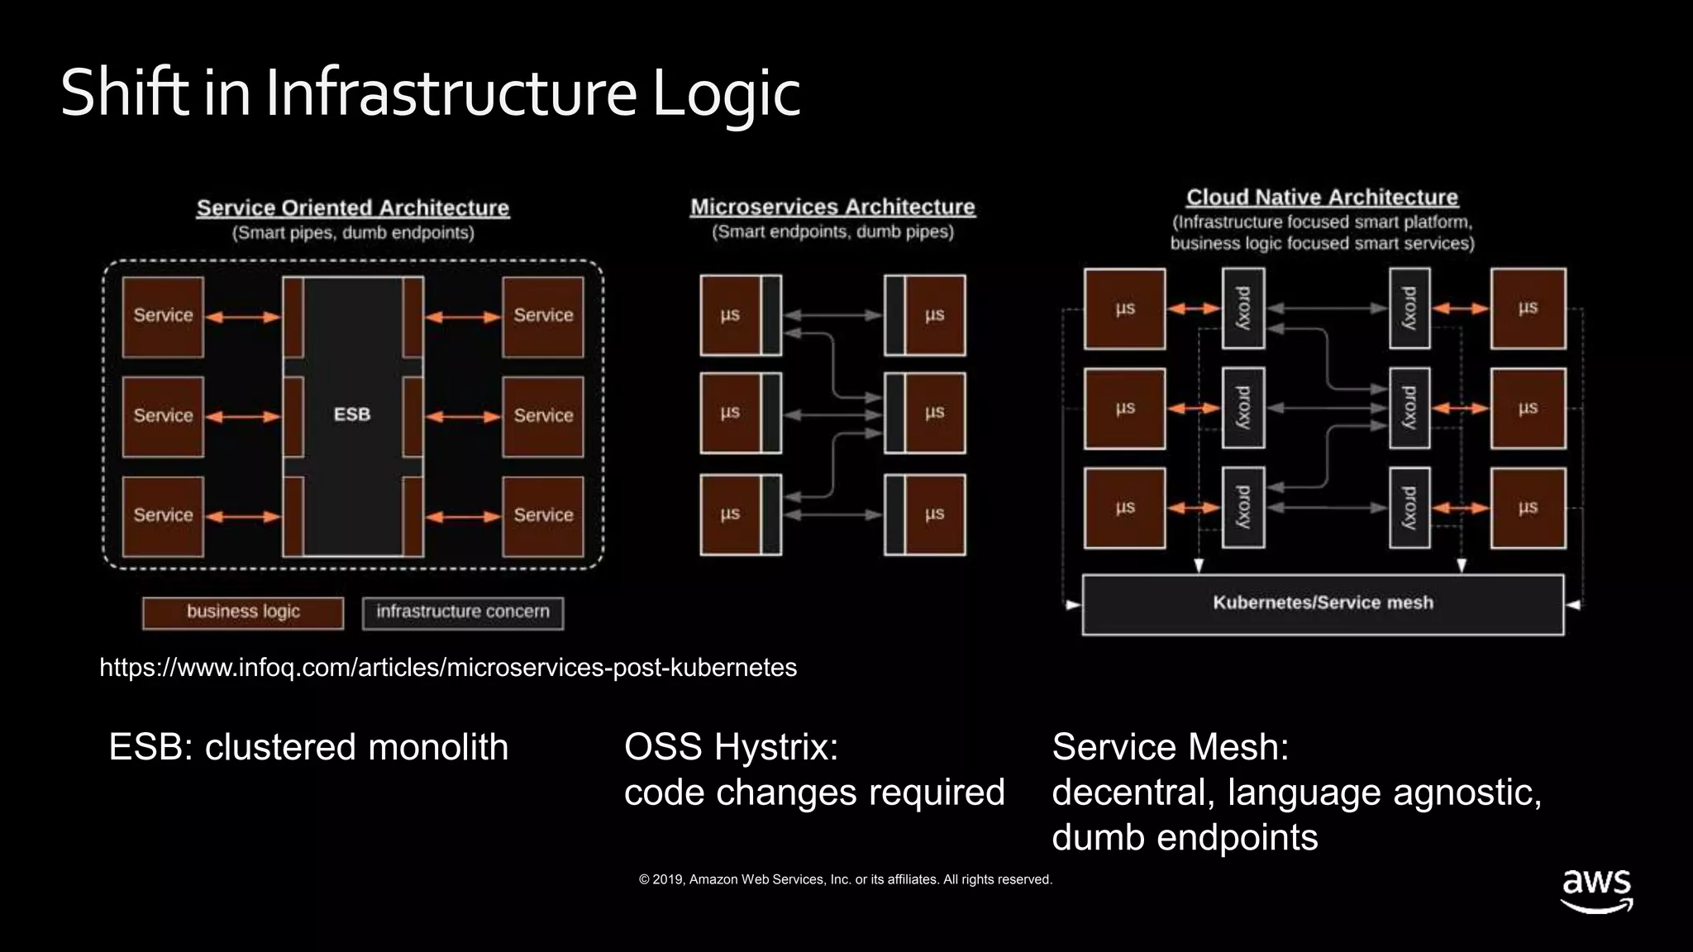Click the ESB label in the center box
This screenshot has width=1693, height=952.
coord(352,414)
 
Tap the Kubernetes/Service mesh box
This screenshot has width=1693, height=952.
coord(1323,603)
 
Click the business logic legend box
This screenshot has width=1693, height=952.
coord(243,612)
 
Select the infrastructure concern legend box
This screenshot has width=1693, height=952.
coord(463,612)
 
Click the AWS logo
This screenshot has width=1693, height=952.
coord(1596,891)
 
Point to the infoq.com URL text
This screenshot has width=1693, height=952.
coord(447,668)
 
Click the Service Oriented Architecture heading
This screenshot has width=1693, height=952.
coord(353,208)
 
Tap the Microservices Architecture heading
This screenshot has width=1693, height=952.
coord(832,207)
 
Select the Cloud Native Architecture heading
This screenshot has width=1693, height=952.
coord(1322,198)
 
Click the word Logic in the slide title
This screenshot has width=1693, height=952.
coord(726,93)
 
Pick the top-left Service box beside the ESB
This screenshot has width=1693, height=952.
coord(163,317)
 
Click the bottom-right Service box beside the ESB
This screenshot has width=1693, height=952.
coord(543,516)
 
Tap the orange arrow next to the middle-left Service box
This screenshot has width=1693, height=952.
coord(243,416)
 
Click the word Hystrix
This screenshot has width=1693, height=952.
coord(776,747)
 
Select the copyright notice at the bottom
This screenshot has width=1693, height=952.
coord(845,880)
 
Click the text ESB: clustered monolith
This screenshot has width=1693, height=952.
coord(308,747)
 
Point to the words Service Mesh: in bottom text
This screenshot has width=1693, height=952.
coord(1170,747)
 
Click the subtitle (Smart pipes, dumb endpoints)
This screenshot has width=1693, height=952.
coord(353,233)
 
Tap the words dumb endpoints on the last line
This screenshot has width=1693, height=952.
coord(1185,838)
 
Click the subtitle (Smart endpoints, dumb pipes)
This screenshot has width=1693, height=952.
coord(832,232)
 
